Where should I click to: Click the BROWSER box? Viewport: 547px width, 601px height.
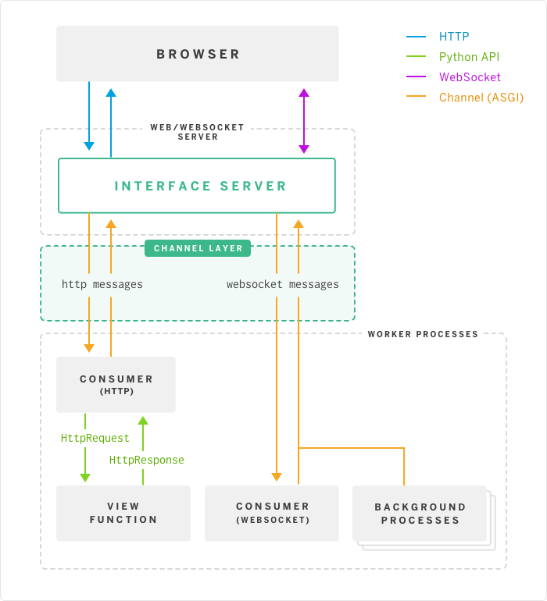[x=198, y=54]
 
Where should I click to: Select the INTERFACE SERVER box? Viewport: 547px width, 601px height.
[x=197, y=186]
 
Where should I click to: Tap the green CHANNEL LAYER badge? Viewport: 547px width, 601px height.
[x=198, y=248]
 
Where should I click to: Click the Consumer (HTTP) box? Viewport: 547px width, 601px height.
[x=116, y=384]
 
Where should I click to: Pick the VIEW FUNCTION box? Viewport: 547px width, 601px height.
[x=123, y=513]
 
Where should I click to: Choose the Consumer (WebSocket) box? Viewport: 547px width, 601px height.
[x=272, y=513]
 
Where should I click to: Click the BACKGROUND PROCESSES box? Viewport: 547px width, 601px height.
[x=420, y=513]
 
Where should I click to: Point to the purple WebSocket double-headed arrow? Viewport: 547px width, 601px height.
[x=304, y=120]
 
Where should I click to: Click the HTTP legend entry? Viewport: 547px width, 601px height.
[x=454, y=37]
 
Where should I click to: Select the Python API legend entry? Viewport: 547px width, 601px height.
[x=469, y=57]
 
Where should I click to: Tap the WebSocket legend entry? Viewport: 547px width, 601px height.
[x=470, y=77]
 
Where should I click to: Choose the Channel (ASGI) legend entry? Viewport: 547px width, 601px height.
[x=481, y=98]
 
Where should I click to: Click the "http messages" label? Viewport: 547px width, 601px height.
[x=102, y=285]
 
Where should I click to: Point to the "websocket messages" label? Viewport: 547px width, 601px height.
[x=283, y=285]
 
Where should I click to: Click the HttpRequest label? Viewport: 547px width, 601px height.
[x=95, y=439]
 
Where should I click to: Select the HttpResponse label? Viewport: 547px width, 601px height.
[x=147, y=460]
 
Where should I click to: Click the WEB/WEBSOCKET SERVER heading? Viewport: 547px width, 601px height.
[x=198, y=132]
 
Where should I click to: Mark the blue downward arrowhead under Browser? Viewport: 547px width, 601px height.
[x=89, y=145]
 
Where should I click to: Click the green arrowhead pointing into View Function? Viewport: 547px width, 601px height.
[x=85, y=477]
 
